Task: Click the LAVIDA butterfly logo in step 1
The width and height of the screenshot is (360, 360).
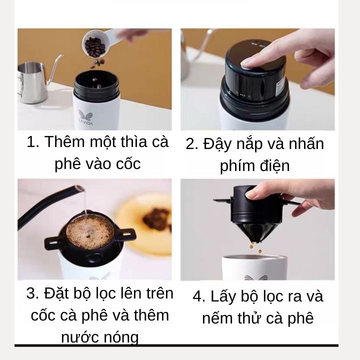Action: (x=85, y=117)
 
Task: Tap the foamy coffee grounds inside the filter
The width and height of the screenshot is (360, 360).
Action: (x=90, y=232)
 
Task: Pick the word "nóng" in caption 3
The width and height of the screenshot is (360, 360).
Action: (x=121, y=337)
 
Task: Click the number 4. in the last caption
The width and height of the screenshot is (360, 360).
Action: (x=199, y=296)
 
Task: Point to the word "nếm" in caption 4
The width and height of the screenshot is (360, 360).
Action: (x=217, y=318)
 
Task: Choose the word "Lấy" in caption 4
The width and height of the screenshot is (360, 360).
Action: (x=224, y=296)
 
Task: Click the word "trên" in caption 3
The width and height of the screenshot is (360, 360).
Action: (x=159, y=293)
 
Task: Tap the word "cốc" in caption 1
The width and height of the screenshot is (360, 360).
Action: (x=128, y=163)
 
